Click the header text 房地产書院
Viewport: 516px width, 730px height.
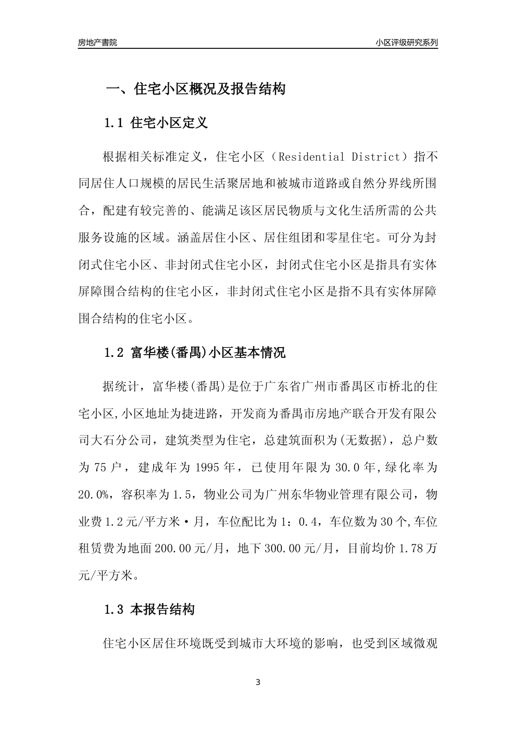pyautogui.click(x=97, y=43)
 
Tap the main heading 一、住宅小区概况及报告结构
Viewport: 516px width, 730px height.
pyautogui.click(x=195, y=90)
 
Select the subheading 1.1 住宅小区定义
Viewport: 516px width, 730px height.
pyautogui.click(x=156, y=123)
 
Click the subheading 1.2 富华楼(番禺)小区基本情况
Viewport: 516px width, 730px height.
pyautogui.click(x=194, y=353)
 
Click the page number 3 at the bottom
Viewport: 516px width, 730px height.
pyautogui.click(x=258, y=682)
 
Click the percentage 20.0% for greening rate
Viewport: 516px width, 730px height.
pyautogui.click(x=94, y=495)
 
